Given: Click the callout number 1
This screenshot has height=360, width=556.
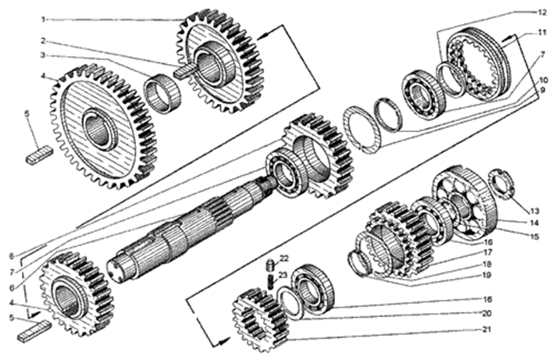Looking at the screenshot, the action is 43,20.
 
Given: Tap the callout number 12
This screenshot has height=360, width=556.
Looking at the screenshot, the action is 542,12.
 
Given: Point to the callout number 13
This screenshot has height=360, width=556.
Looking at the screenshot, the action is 534,212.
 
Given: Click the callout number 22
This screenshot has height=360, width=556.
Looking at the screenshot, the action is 284,258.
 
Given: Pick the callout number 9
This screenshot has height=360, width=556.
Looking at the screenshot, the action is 543,91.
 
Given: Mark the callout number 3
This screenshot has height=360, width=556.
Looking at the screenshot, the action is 42,55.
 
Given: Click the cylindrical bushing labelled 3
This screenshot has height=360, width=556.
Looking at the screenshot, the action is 162,93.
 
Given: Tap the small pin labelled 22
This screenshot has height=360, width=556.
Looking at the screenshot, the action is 270,264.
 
